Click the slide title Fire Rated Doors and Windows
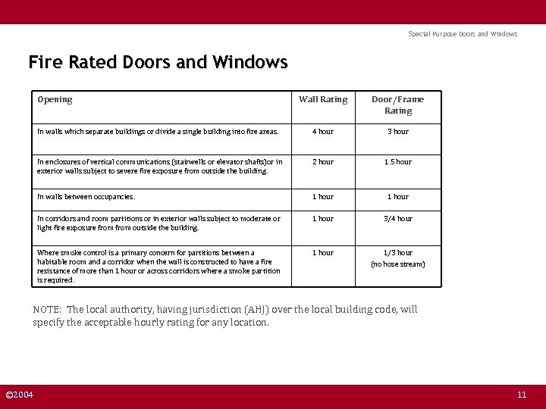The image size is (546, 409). pos(158,62)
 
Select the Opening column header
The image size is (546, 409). pos(55,99)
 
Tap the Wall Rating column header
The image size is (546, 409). pos(323,99)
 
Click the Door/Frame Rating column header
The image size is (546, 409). pos(397,105)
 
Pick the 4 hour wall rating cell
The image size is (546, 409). pos(323,132)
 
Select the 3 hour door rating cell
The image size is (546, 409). pos(397,132)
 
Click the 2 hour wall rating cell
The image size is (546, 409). pos(323,161)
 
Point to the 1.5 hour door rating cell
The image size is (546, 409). pos(397,161)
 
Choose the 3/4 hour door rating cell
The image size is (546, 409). pos(397,219)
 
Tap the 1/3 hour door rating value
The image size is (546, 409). pos(397,252)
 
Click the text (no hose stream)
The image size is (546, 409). pos(397,264)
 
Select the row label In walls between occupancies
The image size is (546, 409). pos(86,197)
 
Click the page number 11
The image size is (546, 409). pos(521,395)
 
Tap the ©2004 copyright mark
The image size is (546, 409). pos(20,395)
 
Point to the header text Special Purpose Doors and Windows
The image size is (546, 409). pos(463,34)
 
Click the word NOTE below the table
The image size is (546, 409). pos(47,310)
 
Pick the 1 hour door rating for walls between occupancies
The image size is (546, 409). pos(397,197)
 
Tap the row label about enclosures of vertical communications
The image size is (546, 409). pos(159,166)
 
